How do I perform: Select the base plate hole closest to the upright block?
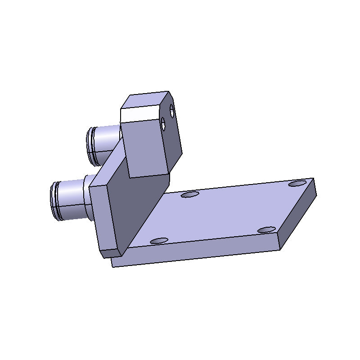(190, 195)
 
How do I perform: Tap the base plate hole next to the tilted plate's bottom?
(159, 241)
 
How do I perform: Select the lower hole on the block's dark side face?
(164, 125)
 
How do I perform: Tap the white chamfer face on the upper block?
(140, 113)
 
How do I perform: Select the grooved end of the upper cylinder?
(92, 145)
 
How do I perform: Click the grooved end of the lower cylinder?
(56, 201)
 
